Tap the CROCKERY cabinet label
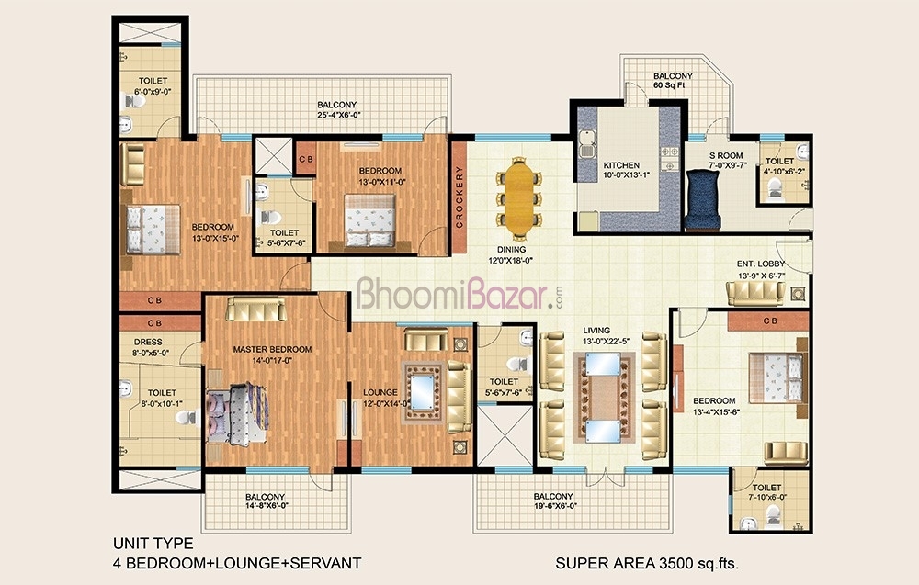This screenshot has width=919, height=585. point(459,197)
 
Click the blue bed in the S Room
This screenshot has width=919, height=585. point(702,199)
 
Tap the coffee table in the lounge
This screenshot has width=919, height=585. point(422,392)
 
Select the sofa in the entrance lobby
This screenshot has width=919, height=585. point(755,293)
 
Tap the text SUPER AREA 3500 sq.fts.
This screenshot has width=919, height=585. point(647,563)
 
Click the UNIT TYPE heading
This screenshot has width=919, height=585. point(153,544)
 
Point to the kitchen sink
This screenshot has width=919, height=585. point(586,144)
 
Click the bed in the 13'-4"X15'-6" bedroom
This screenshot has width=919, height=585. point(776,377)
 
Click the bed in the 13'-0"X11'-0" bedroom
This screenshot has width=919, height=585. point(369,220)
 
